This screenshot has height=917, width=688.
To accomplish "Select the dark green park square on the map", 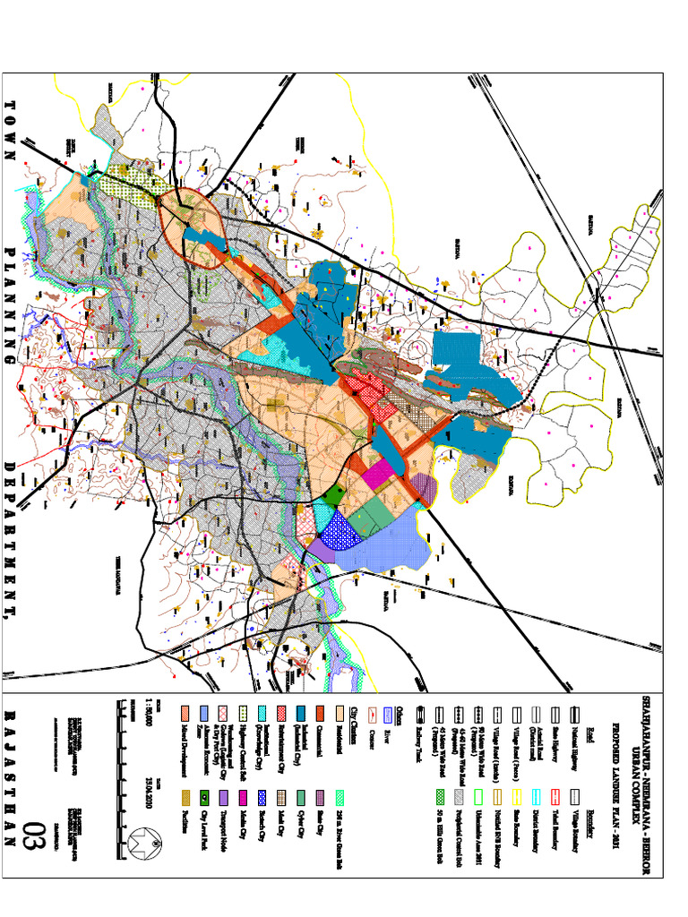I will pos(334,493).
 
